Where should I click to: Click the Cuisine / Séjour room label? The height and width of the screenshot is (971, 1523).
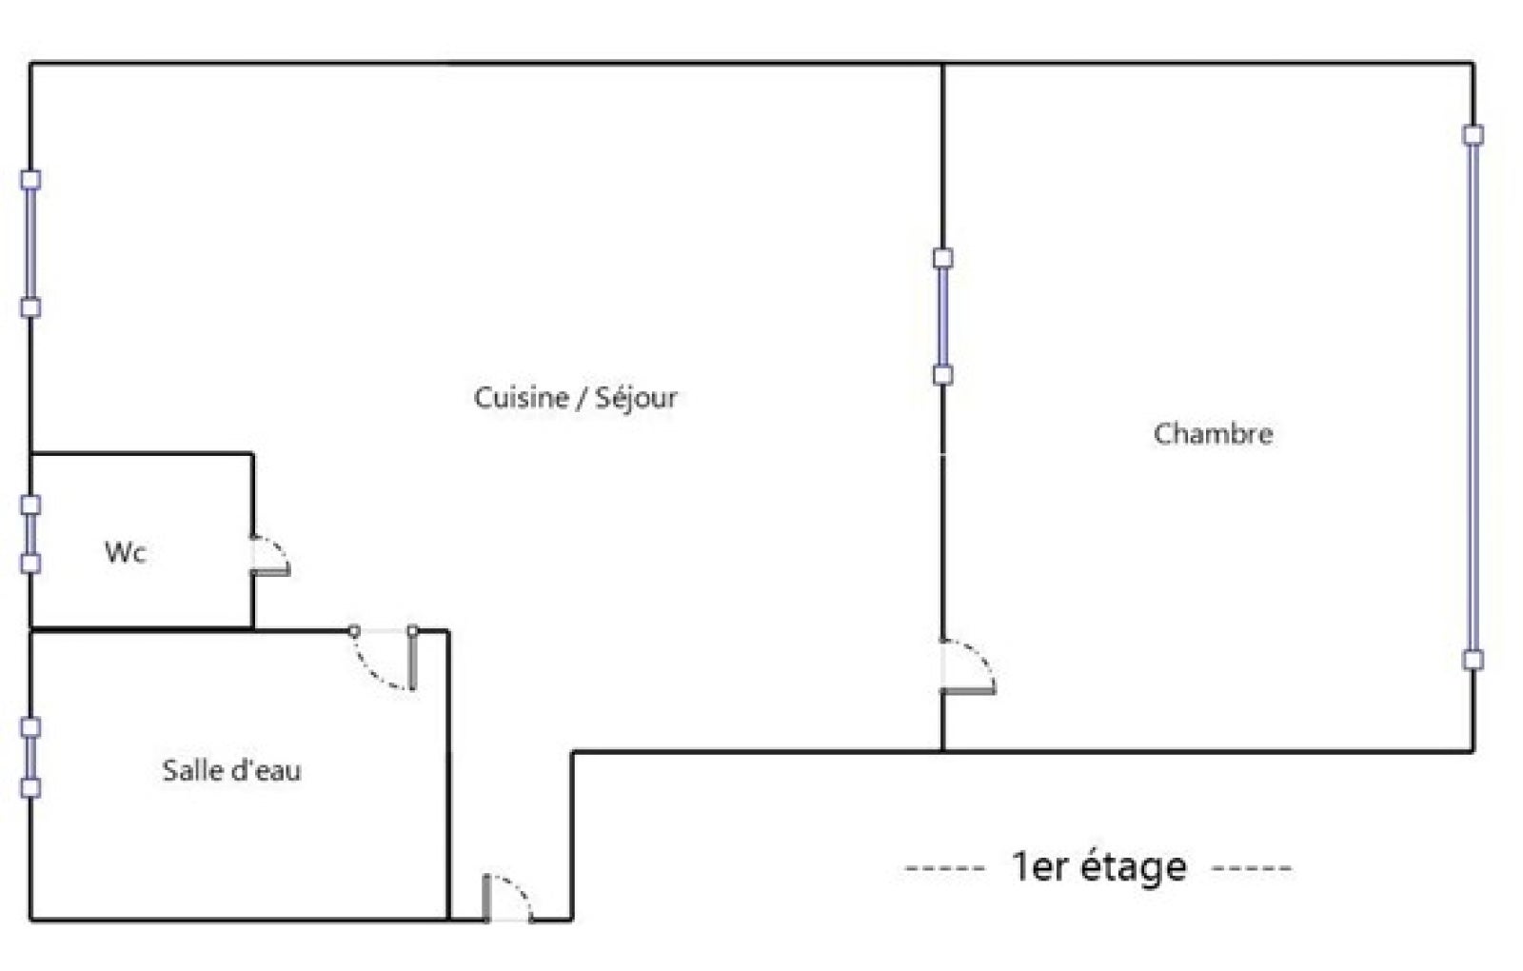(x=575, y=398)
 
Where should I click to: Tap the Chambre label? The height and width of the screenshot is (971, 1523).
(x=1213, y=434)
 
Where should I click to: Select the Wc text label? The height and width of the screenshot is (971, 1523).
(x=125, y=552)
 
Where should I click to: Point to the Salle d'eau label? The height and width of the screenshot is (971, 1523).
(x=231, y=770)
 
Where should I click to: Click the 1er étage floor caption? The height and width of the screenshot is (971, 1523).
(x=1099, y=867)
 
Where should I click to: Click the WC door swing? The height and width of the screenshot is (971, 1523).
(x=271, y=556)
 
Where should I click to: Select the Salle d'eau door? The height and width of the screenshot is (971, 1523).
(x=384, y=658)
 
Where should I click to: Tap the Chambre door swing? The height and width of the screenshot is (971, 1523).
(x=968, y=667)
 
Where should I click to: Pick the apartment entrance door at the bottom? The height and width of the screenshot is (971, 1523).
(x=508, y=899)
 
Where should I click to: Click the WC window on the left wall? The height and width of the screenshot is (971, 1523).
(x=30, y=534)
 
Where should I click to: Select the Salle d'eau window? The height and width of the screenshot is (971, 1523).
(x=30, y=758)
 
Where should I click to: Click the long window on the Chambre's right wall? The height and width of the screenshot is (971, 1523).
(x=1473, y=398)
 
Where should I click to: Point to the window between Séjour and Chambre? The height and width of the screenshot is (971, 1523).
(x=942, y=317)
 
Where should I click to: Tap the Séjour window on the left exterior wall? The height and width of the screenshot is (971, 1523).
(x=30, y=244)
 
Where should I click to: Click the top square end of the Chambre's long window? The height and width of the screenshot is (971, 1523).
(x=1473, y=135)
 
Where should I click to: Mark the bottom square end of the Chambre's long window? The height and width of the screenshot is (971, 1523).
(x=1473, y=661)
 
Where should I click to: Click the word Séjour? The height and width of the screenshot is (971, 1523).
(x=637, y=398)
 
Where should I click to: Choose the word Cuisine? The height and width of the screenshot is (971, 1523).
(x=521, y=398)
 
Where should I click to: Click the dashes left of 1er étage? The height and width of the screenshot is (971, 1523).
(x=945, y=868)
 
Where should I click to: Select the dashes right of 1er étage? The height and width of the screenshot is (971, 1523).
(x=1252, y=868)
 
